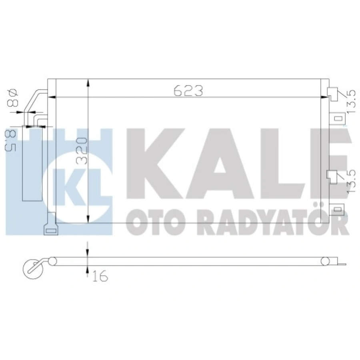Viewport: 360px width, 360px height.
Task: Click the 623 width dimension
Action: point(188,91)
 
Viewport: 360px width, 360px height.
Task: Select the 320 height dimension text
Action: point(82,151)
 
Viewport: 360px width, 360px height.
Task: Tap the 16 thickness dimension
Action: point(100,276)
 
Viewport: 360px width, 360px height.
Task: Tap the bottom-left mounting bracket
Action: point(51,229)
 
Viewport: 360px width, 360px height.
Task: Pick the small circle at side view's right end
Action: point(326,262)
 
